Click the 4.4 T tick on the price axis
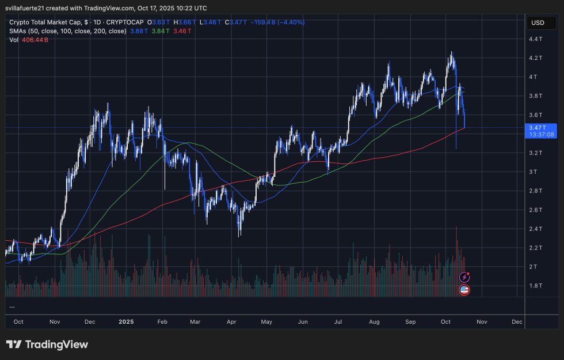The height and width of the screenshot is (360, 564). pyautogui.click(x=536, y=39)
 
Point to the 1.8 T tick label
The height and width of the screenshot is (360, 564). pyautogui.click(x=536, y=286)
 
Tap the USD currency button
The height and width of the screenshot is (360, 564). pyautogui.click(x=538, y=23)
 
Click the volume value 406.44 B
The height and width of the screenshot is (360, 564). pyautogui.click(x=35, y=40)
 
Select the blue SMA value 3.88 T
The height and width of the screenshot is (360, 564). pyautogui.click(x=139, y=31)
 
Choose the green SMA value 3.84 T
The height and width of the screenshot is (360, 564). pyautogui.click(x=159, y=31)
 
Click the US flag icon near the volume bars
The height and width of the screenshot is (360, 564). pyautogui.click(x=464, y=290)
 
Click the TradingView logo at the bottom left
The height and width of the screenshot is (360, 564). pyautogui.click(x=47, y=344)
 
